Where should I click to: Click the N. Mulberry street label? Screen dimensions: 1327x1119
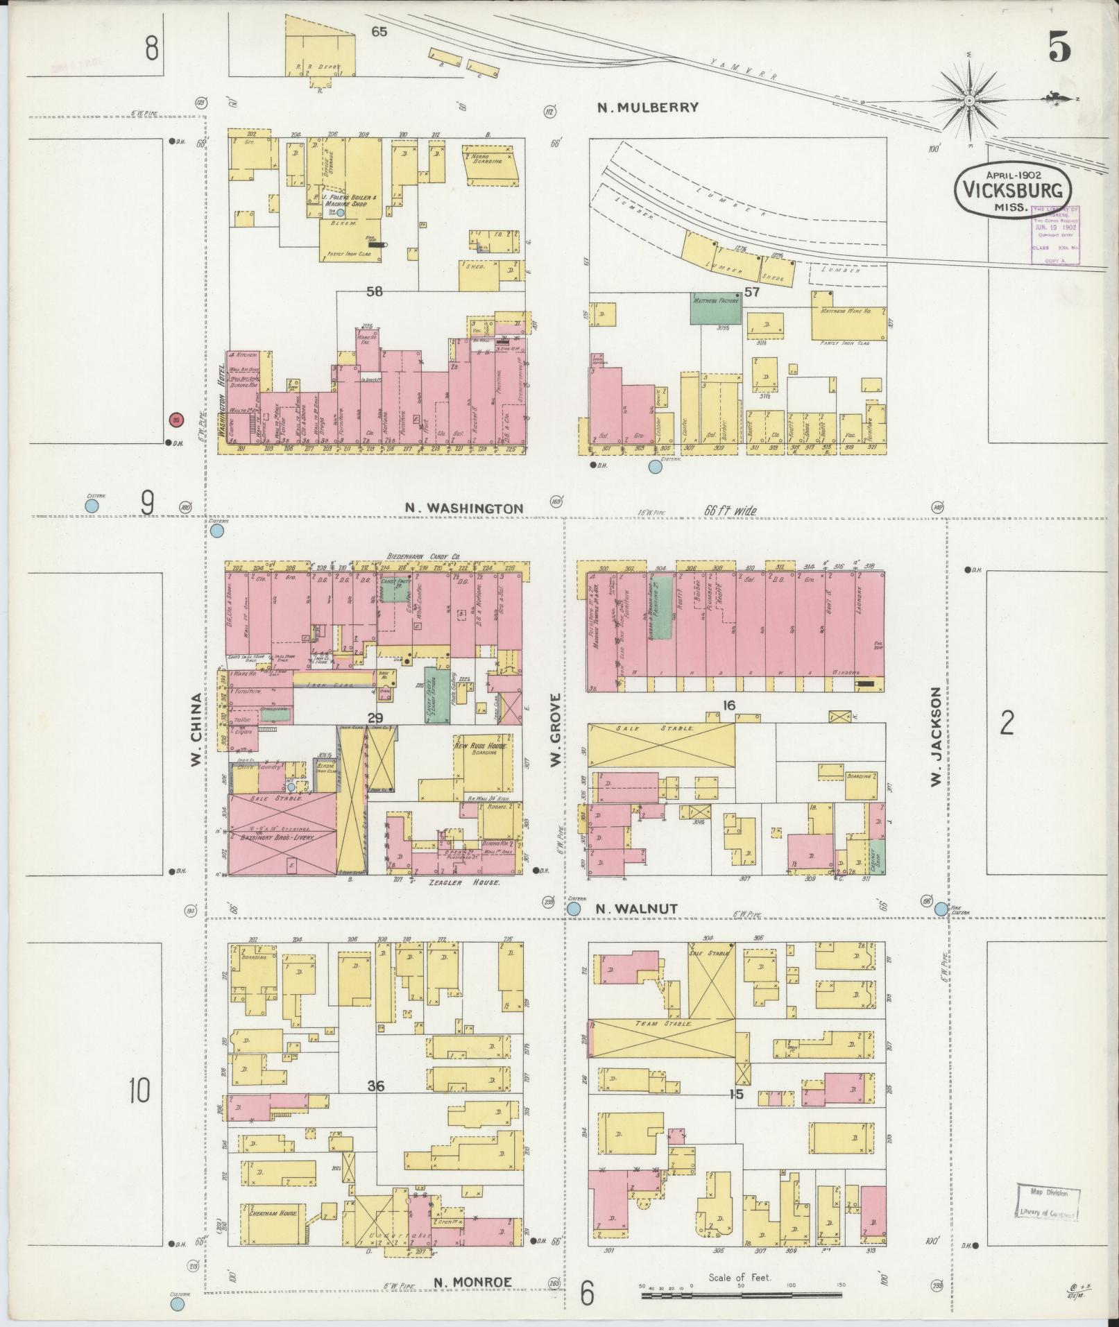click(648, 108)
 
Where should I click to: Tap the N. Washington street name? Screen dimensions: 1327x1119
click(464, 508)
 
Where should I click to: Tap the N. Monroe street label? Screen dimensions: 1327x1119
click(473, 1283)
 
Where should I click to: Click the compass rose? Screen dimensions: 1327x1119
click(968, 102)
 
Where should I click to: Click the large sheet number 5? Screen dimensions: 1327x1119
click(1059, 47)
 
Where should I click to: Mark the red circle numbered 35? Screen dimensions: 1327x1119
click(176, 420)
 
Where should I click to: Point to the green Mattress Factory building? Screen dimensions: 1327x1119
click(715, 307)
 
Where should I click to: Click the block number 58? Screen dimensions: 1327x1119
click(375, 292)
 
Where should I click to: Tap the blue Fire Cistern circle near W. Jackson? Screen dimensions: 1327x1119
click(941, 909)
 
